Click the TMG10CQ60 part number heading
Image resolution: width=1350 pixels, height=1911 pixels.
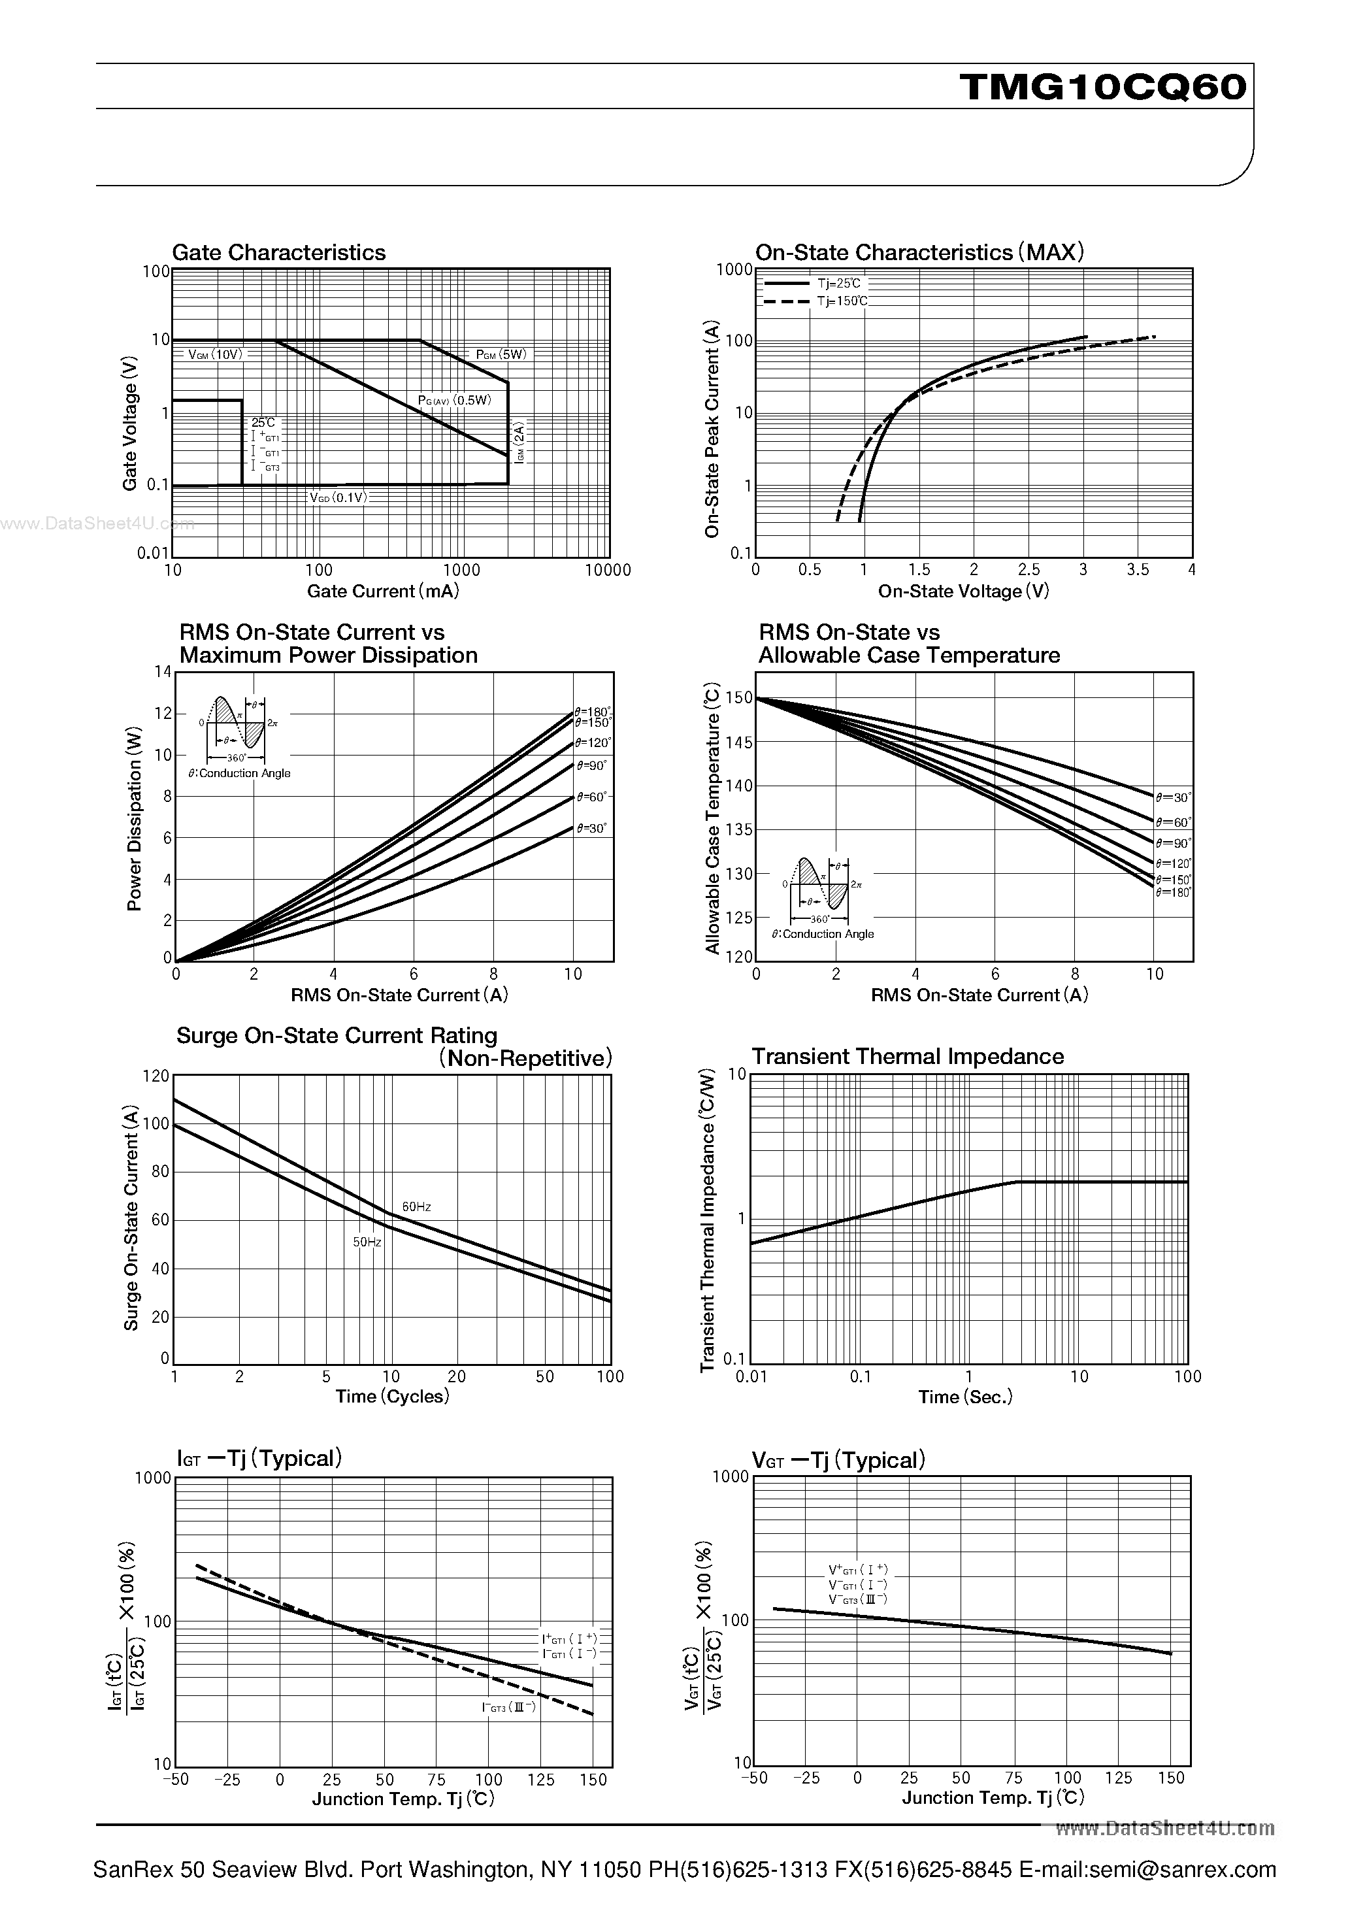coord(1103,86)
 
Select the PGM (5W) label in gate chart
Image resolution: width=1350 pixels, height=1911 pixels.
coord(501,355)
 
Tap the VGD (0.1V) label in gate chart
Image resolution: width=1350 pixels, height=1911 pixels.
coord(338,498)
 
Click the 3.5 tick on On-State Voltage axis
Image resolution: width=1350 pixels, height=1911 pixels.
coord(1137,570)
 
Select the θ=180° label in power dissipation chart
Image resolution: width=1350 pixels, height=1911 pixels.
coord(593,712)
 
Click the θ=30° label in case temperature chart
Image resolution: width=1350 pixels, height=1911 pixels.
coord(1174,797)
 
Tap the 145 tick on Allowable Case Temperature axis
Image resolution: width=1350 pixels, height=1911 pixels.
coord(739,742)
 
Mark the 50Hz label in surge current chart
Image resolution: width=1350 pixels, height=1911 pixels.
coord(367,1242)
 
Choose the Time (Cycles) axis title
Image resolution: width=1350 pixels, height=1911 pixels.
coord(392,1397)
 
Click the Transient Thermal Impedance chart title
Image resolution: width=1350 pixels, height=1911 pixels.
coord(907,1056)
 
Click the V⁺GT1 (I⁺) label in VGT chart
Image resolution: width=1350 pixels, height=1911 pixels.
coord(857,1569)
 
